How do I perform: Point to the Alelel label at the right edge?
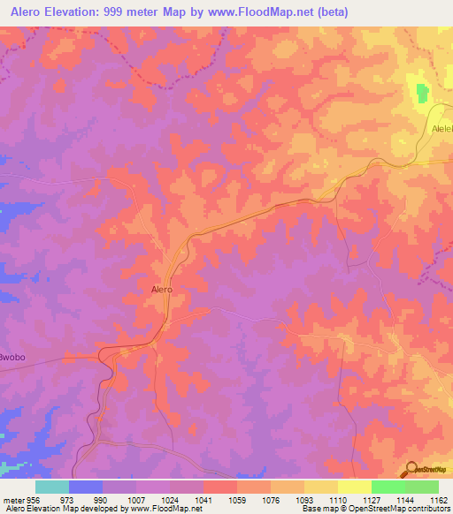point(441,129)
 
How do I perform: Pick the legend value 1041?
point(203,498)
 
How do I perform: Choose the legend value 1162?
point(439,498)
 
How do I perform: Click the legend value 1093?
point(304,498)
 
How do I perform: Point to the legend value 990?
point(103,498)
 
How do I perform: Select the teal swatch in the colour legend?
point(52,487)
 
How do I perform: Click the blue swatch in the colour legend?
point(86,487)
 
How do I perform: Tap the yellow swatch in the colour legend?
point(355,487)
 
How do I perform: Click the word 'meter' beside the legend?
point(12,498)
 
